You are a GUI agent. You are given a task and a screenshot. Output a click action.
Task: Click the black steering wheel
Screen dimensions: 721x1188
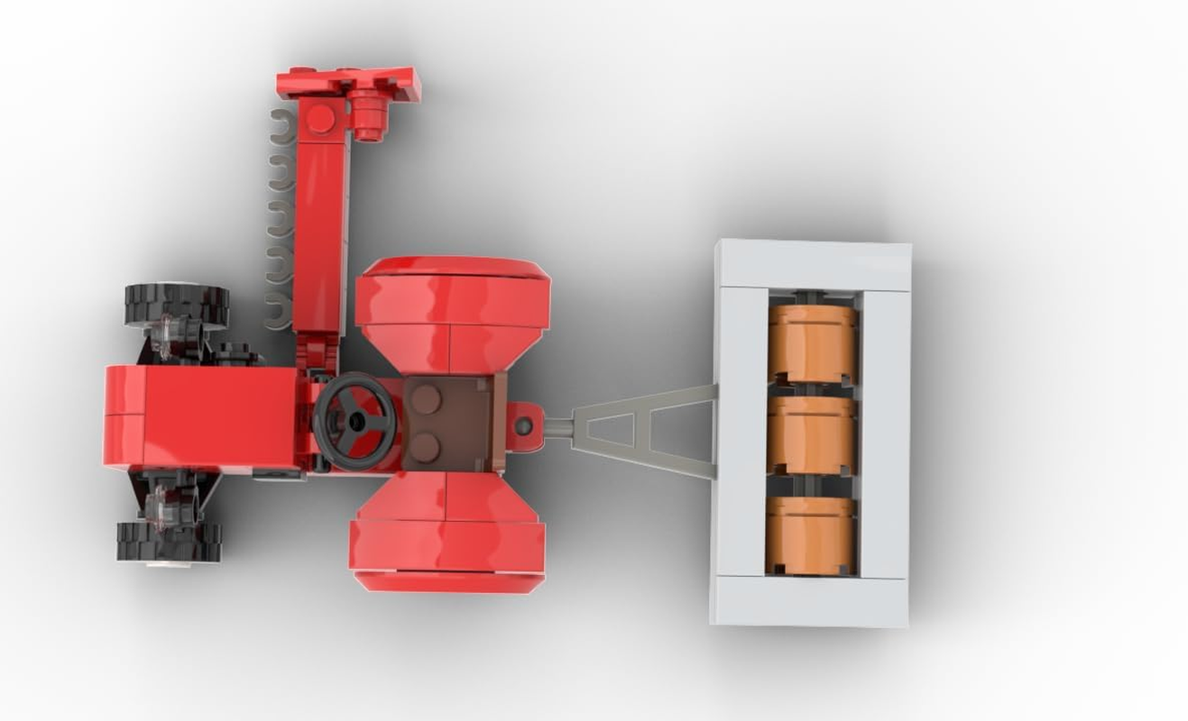pos(354,421)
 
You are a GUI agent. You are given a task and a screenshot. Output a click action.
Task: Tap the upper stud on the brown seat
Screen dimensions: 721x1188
pos(427,399)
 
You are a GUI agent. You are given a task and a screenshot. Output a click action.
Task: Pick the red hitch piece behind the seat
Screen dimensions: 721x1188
pos(524,425)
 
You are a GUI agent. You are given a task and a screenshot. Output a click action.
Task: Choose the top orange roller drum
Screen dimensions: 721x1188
pos(813,343)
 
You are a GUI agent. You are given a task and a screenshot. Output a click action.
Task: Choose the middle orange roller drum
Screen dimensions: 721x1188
pos(812,434)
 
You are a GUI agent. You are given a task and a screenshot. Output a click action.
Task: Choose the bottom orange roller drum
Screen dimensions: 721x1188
pos(810,534)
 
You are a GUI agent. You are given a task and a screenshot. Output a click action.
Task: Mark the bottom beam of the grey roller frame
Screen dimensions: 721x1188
pos(809,601)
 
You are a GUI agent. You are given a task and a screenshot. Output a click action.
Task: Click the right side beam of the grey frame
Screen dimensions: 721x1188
pos(885,433)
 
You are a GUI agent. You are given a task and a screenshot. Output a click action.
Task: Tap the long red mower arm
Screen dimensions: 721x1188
pos(320,234)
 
